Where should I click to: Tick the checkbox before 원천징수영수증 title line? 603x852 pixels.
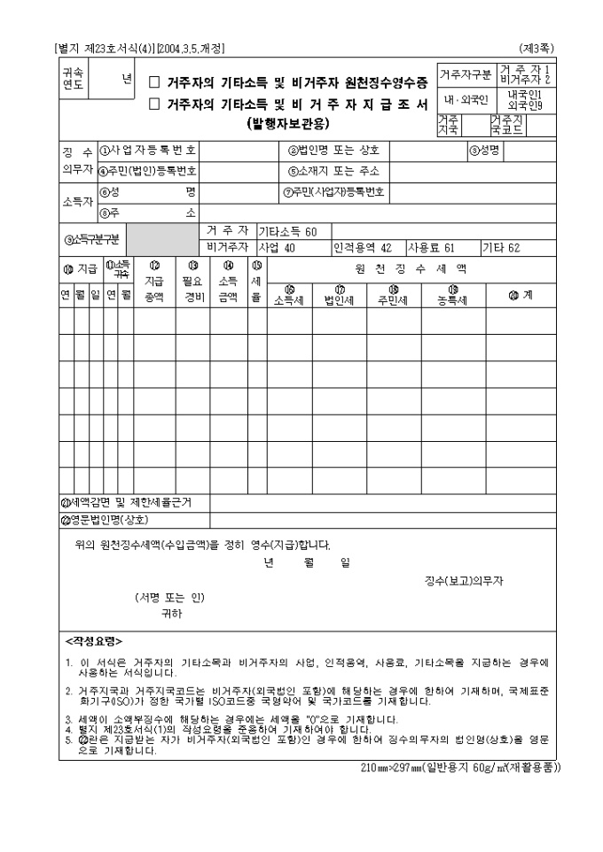[153, 82]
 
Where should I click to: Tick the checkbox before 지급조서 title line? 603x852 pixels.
[153, 105]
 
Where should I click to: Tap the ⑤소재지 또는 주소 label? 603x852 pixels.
[333, 171]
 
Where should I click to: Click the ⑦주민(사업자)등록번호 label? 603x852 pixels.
[336, 191]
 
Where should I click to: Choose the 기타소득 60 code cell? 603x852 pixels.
[287, 231]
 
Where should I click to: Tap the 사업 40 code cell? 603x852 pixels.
[277, 247]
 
